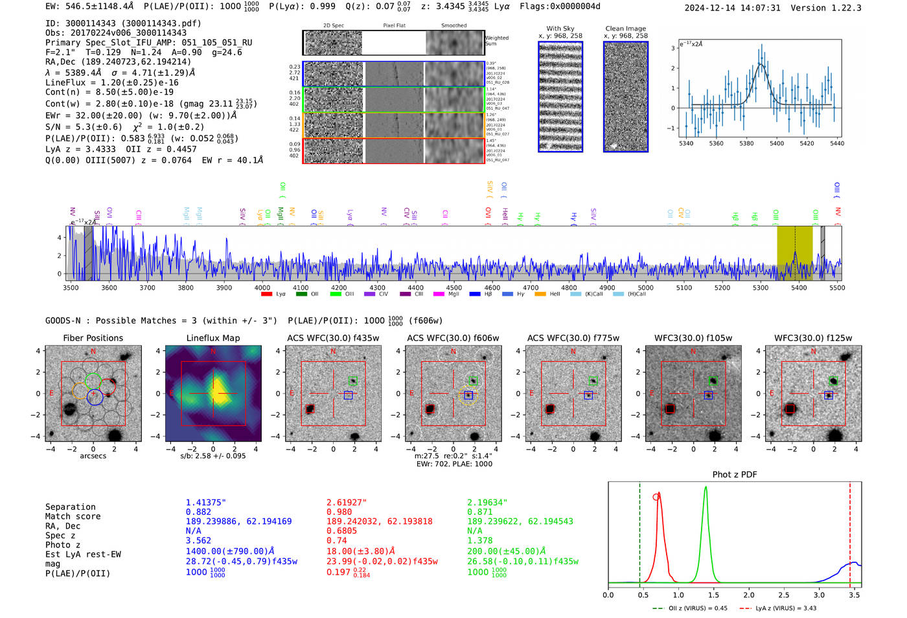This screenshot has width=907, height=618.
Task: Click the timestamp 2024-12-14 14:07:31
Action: [732, 8]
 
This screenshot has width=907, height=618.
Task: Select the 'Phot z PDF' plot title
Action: [735, 475]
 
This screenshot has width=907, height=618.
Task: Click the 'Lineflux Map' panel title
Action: [213, 338]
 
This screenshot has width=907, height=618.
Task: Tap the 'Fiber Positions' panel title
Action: [93, 338]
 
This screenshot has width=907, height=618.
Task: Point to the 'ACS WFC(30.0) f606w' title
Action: [453, 338]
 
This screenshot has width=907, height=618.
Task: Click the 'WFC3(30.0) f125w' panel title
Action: [813, 338]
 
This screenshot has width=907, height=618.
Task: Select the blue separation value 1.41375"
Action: [205, 503]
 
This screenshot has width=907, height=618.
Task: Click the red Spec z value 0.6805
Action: [341, 530]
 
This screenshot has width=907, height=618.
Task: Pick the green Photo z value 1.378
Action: [479, 540]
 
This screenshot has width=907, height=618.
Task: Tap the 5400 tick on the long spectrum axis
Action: [799, 288]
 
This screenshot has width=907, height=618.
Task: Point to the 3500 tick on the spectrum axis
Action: [71, 288]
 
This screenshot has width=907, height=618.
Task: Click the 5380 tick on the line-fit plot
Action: [746, 143]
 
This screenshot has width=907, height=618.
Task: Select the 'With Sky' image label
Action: [560, 29]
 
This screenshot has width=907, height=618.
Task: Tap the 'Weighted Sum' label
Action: [497, 41]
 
